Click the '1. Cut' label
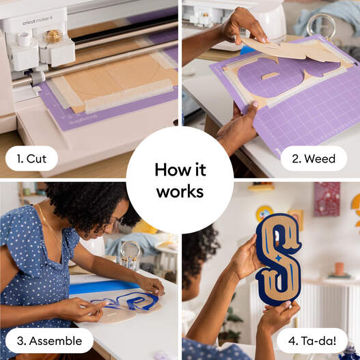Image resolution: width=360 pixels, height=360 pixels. [31, 158]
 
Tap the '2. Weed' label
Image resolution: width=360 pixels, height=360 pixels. [314, 158]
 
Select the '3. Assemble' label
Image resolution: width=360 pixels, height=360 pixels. [49, 341]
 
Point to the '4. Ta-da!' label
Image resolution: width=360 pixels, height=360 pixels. [312, 341]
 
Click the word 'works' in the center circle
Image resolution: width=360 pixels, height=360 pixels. [180, 192]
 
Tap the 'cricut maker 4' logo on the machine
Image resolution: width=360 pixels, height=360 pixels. [38, 21]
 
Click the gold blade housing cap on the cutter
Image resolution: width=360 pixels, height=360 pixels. [53, 36]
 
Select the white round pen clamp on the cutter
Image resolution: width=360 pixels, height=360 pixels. [24, 39]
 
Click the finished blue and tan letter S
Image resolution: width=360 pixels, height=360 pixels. [279, 260]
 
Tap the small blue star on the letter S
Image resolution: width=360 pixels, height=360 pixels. [278, 258]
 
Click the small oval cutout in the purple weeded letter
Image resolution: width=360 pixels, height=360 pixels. [271, 76]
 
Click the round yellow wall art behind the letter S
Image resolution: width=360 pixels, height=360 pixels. [264, 214]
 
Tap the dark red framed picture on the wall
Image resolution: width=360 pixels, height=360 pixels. [327, 199]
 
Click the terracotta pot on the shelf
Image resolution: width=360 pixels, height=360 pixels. [339, 269]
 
